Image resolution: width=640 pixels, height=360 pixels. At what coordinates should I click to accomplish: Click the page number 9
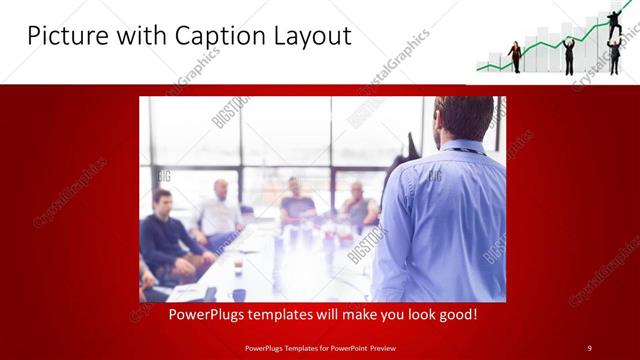click(589, 347)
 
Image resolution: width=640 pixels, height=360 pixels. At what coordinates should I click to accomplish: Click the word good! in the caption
click(455, 314)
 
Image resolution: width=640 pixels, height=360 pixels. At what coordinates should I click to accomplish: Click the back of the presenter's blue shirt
click(440, 220)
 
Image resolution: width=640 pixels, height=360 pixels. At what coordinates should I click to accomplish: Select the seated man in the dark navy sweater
click(165, 236)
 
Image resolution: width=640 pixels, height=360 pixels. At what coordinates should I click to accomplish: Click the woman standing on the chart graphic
click(516, 57)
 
